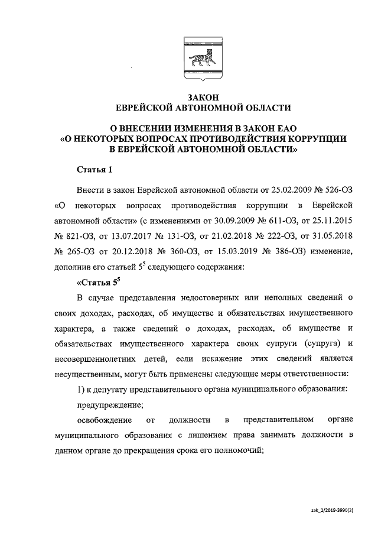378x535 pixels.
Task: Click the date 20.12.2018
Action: point(131,251)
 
